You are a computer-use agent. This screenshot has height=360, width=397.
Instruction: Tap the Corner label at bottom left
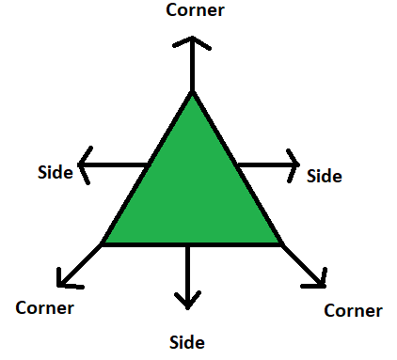click(x=45, y=306)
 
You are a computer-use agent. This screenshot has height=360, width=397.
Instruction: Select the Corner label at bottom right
click(x=353, y=310)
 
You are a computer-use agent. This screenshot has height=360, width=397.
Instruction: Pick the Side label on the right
click(x=325, y=175)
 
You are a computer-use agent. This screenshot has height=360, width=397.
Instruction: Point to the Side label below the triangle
click(x=186, y=342)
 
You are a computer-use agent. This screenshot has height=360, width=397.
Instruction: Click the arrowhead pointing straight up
click(x=192, y=42)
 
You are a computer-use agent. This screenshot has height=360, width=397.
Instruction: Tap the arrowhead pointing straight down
click(x=188, y=302)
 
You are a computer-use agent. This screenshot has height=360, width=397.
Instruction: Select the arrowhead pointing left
click(x=83, y=165)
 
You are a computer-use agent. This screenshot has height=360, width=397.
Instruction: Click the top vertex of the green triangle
click(x=192, y=93)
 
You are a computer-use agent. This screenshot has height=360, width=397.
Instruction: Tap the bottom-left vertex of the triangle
click(x=103, y=243)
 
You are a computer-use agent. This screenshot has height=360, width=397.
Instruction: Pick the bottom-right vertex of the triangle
click(x=281, y=243)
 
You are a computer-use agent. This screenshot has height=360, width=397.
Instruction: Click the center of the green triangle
click(x=192, y=193)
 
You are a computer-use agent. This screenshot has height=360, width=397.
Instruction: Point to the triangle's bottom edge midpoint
click(x=192, y=243)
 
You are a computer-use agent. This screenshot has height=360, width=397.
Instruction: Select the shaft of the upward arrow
click(x=192, y=68)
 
